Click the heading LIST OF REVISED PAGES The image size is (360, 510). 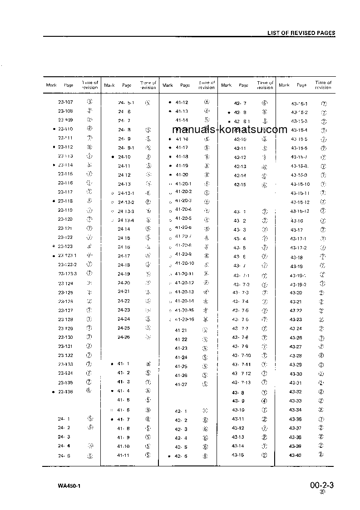pyautogui.click(x=301, y=33)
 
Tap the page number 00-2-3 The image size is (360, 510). pyautogui.click(x=322, y=485)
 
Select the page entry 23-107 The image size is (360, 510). pyautogui.click(x=65, y=102)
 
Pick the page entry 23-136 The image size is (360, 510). pyautogui.click(x=65, y=391)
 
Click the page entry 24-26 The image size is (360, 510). pyautogui.click(x=124, y=337)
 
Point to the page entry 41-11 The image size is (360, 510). pyautogui.click(x=123, y=455)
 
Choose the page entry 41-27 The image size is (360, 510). pyautogui.click(x=181, y=385)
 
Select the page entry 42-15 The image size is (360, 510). pyautogui.click(x=240, y=184)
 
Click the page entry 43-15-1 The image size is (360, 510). pyautogui.click(x=299, y=104)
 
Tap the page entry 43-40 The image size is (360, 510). pyautogui.click(x=296, y=455)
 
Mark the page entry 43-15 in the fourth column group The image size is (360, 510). pyautogui.click(x=238, y=455)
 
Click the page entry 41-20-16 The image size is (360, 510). pyautogui.click(x=184, y=319)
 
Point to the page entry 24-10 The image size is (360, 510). pyautogui.click(x=124, y=157)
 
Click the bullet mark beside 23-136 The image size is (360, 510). pyautogui.click(x=54, y=392)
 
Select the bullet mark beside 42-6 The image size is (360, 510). pyautogui.click(x=169, y=456)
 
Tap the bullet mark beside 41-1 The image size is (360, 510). pyautogui.click(x=112, y=364)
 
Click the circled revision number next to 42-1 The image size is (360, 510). pyautogui.click(x=205, y=411)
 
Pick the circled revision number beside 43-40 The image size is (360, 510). pyautogui.click(x=321, y=455)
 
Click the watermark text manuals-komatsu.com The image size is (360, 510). pyautogui.click(x=230, y=129)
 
